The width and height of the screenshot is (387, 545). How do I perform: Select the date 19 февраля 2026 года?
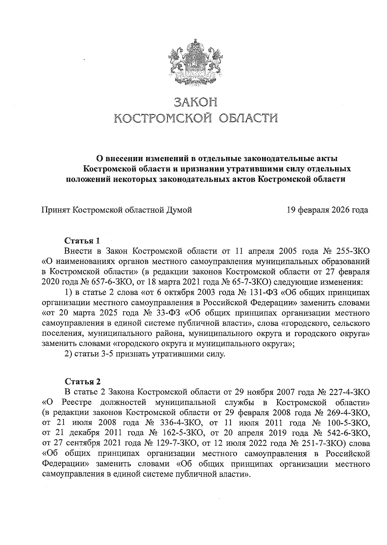[327, 210]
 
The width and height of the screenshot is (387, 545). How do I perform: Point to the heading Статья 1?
[83, 241]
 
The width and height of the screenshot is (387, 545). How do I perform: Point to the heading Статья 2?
[83, 382]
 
